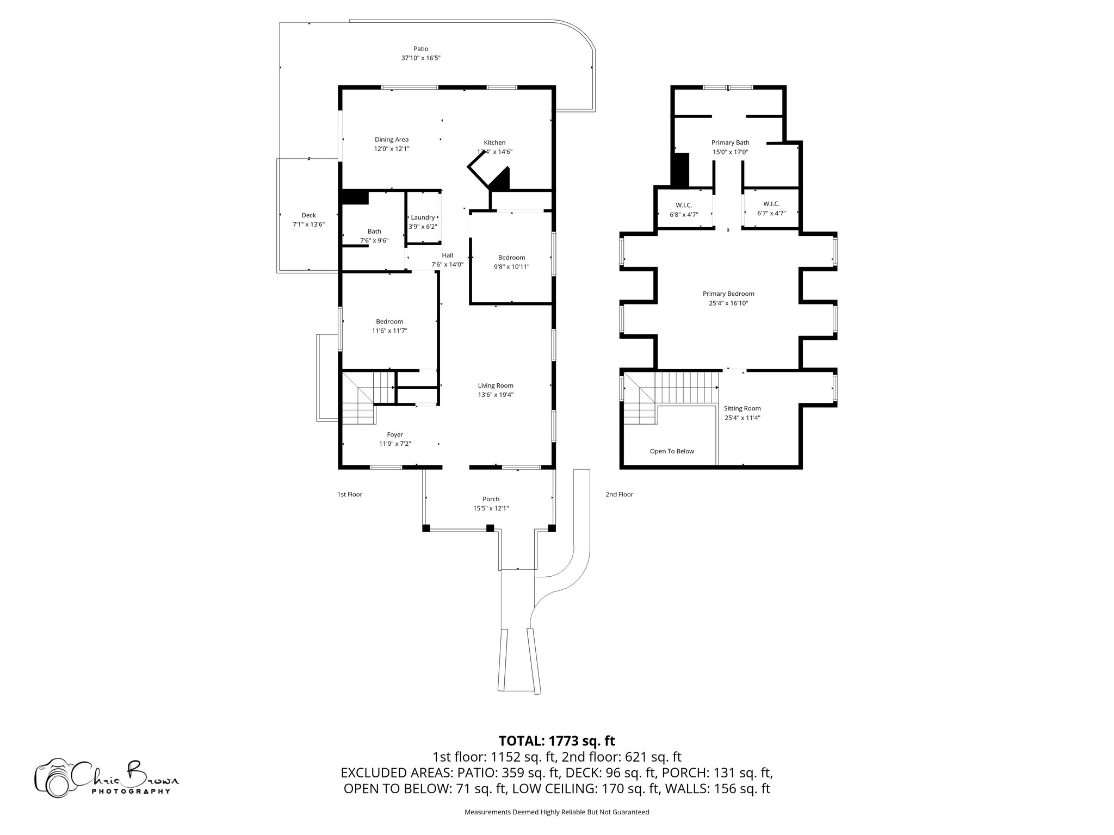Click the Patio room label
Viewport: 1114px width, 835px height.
click(420, 49)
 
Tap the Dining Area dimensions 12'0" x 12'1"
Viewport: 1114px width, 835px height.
click(391, 148)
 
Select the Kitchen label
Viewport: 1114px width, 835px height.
click(494, 142)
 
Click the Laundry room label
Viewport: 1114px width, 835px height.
click(423, 217)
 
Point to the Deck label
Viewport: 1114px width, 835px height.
click(308, 215)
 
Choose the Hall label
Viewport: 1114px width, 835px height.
click(447, 256)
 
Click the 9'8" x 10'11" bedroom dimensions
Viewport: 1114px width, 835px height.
click(511, 266)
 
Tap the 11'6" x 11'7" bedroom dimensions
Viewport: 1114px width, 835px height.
click(389, 331)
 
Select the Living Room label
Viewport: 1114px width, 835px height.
click(496, 385)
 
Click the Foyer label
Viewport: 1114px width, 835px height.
click(395, 434)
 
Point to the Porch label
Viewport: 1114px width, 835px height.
click(491, 499)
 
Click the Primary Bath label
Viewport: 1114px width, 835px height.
click(730, 142)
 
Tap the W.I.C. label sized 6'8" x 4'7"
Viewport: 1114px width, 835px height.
click(684, 205)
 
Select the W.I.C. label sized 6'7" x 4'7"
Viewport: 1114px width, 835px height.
click(771, 204)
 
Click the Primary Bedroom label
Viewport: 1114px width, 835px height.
click(728, 294)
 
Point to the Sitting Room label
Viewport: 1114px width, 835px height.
click(742, 408)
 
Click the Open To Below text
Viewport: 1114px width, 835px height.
click(672, 451)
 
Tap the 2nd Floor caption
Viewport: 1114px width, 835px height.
click(619, 494)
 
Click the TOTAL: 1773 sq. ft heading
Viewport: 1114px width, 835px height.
click(556, 740)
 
